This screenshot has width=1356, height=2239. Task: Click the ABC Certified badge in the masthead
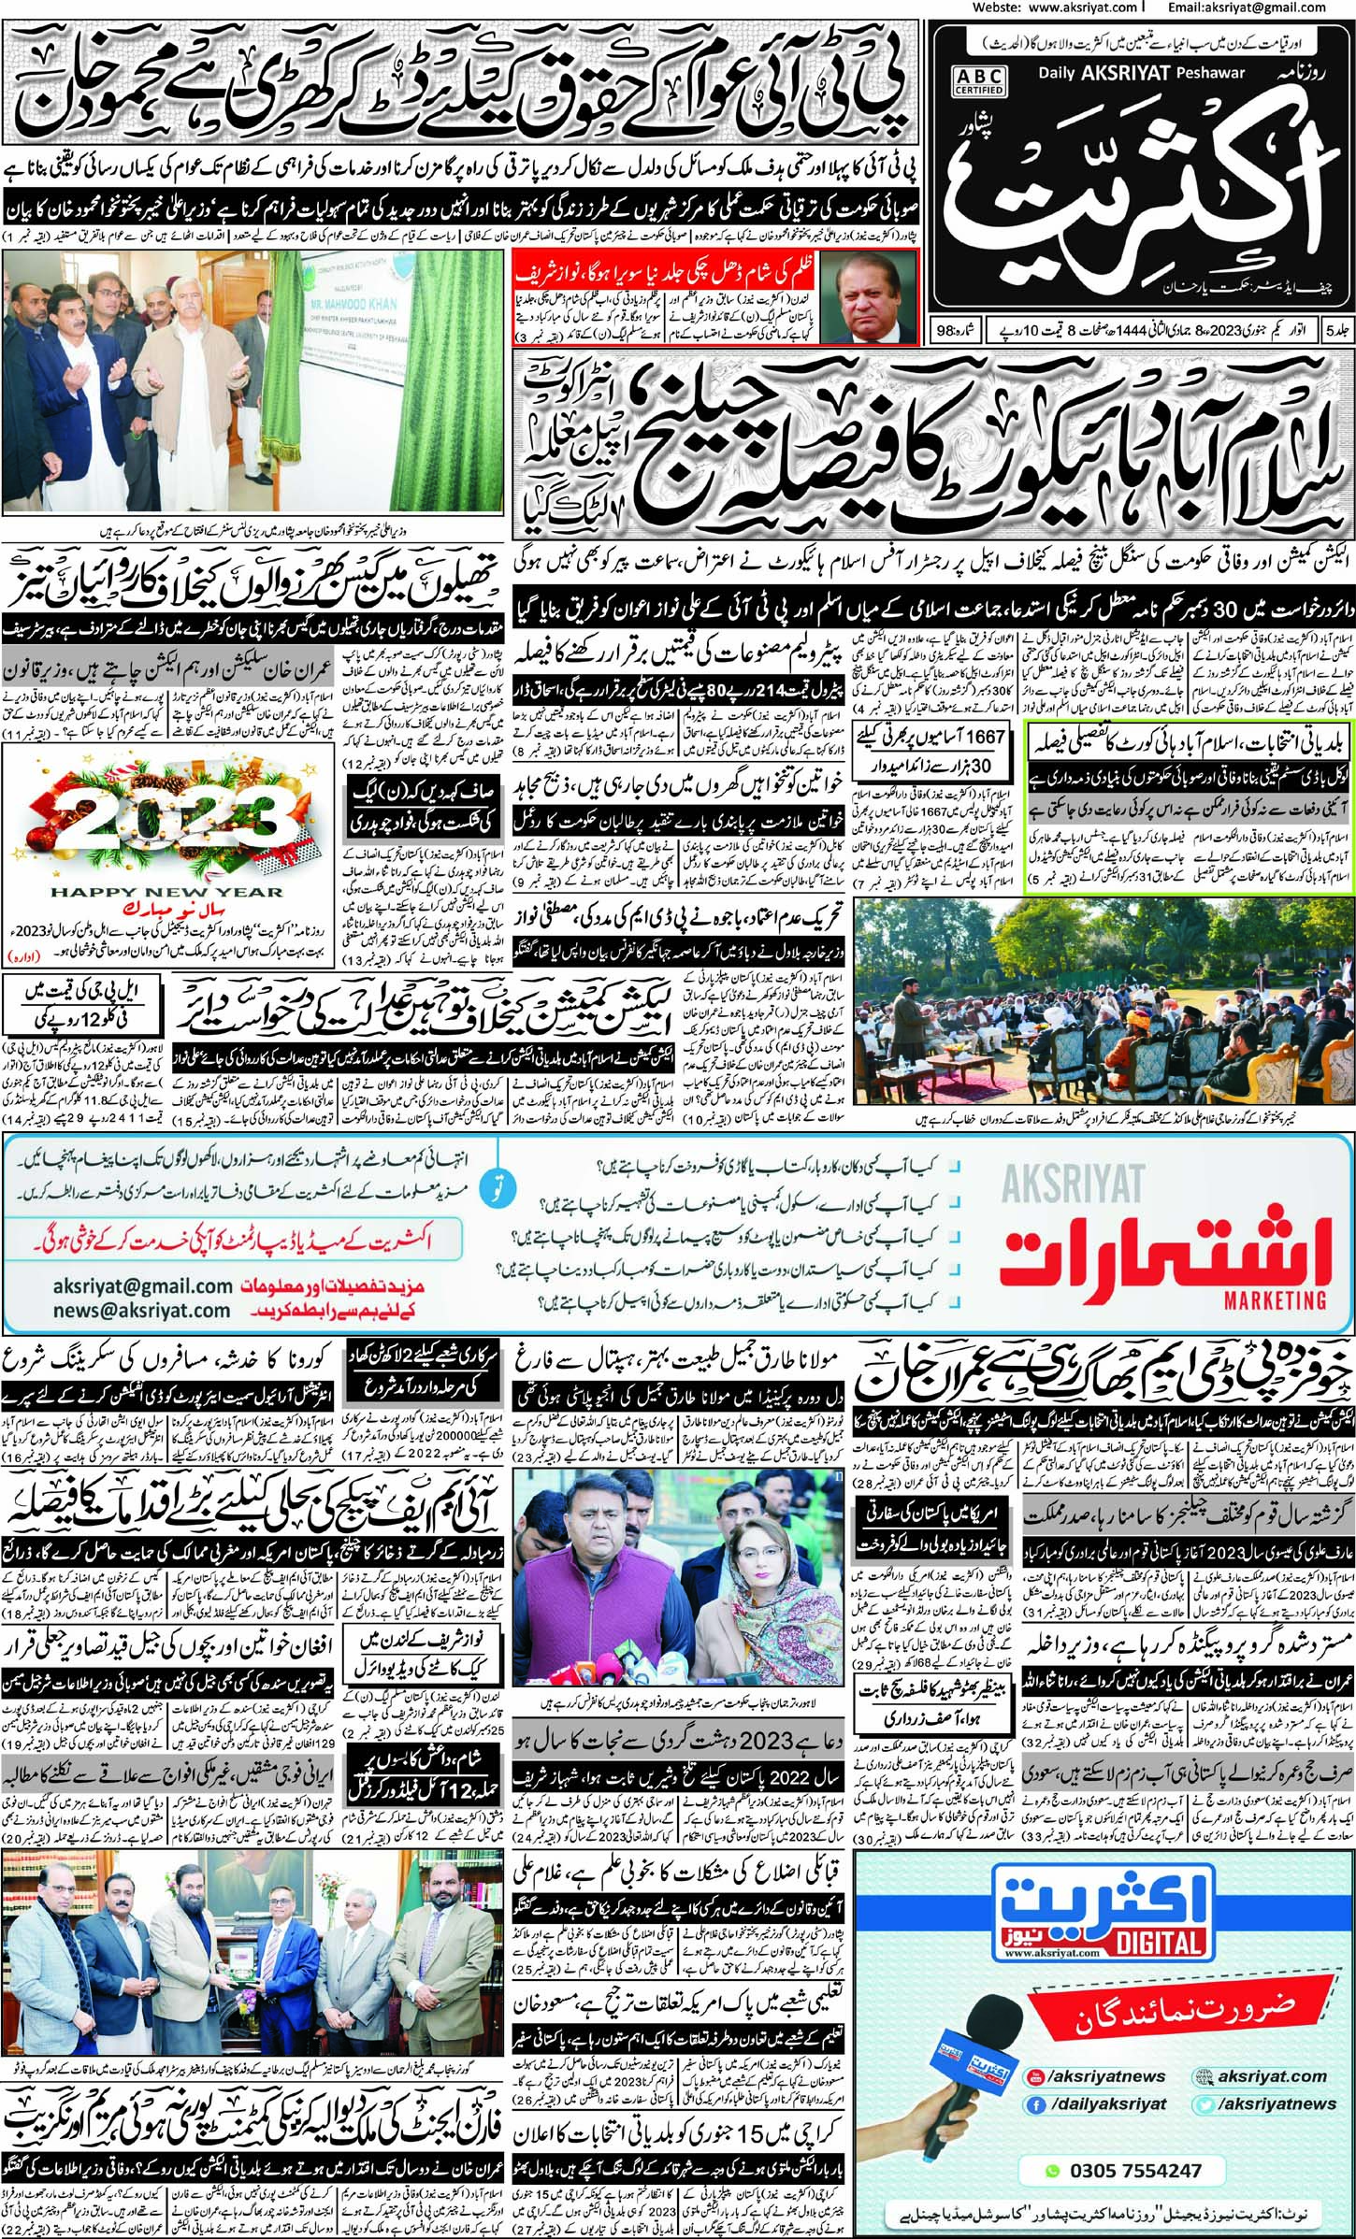click(979, 81)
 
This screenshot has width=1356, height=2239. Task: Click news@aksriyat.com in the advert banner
click(142, 1311)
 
